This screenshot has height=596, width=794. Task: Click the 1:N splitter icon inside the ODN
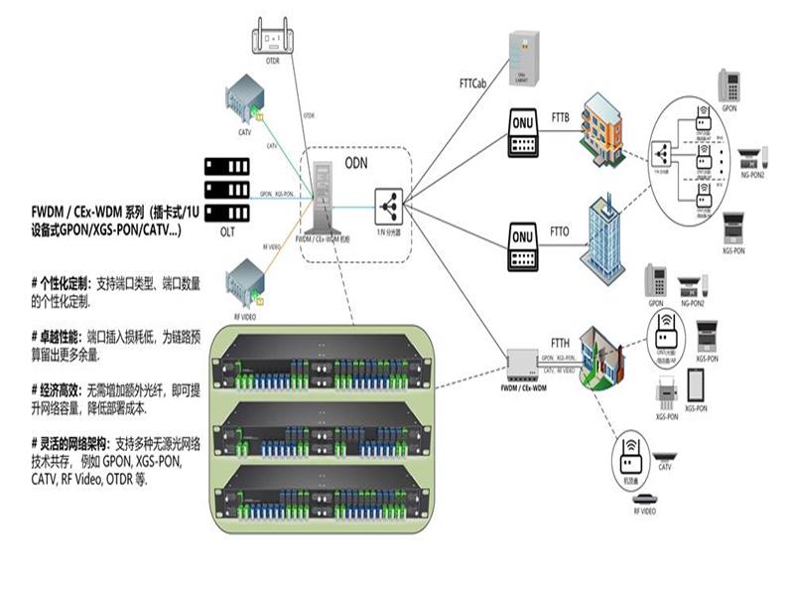pyautogui.click(x=388, y=207)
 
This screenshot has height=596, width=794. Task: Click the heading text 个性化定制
pyautogui.click(x=67, y=284)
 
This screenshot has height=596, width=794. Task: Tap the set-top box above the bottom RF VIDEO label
pyautogui.click(x=645, y=499)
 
